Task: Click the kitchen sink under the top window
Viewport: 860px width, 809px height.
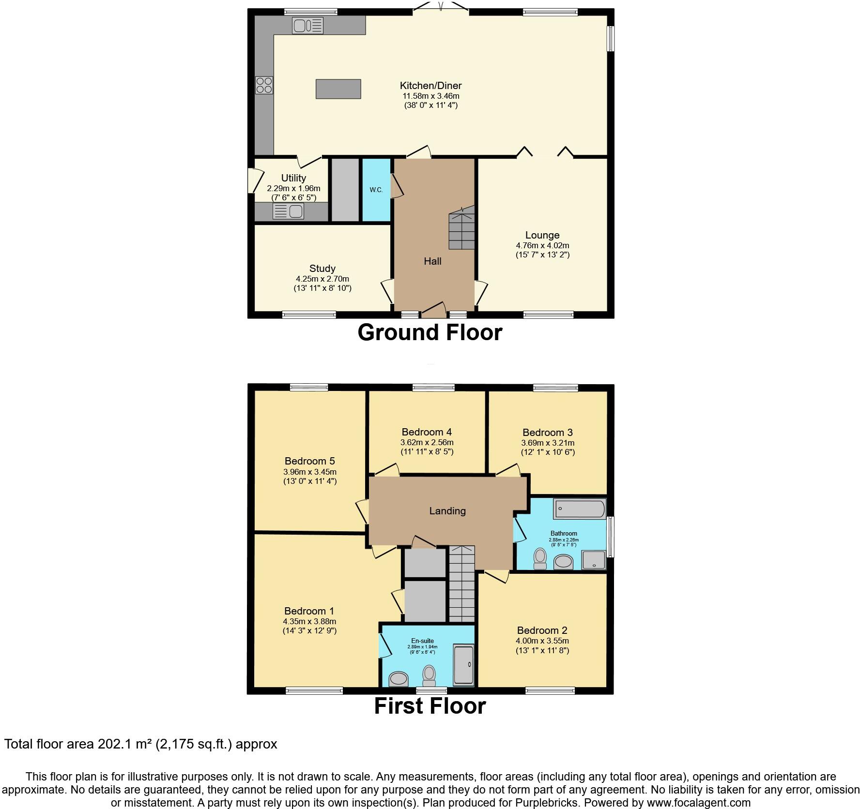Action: [x=307, y=25]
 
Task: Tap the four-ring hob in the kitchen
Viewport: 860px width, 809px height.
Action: [x=264, y=86]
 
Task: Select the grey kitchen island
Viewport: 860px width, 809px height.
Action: [x=338, y=89]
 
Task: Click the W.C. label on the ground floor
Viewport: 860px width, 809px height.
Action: [x=376, y=190]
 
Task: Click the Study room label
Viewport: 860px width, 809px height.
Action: [x=322, y=269]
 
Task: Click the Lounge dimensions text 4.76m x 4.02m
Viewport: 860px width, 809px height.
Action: [x=542, y=245]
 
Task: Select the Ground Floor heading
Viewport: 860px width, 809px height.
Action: [x=430, y=332]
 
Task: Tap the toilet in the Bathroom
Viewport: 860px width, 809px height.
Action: [x=539, y=558]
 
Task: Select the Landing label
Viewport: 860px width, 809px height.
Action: [x=447, y=510]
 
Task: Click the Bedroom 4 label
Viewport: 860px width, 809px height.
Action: [x=427, y=432]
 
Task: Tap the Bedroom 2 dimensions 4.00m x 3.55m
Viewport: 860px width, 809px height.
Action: [x=542, y=641]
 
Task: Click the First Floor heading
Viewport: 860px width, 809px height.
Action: [x=430, y=706]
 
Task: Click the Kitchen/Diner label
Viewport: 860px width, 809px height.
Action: [x=430, y=86]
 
